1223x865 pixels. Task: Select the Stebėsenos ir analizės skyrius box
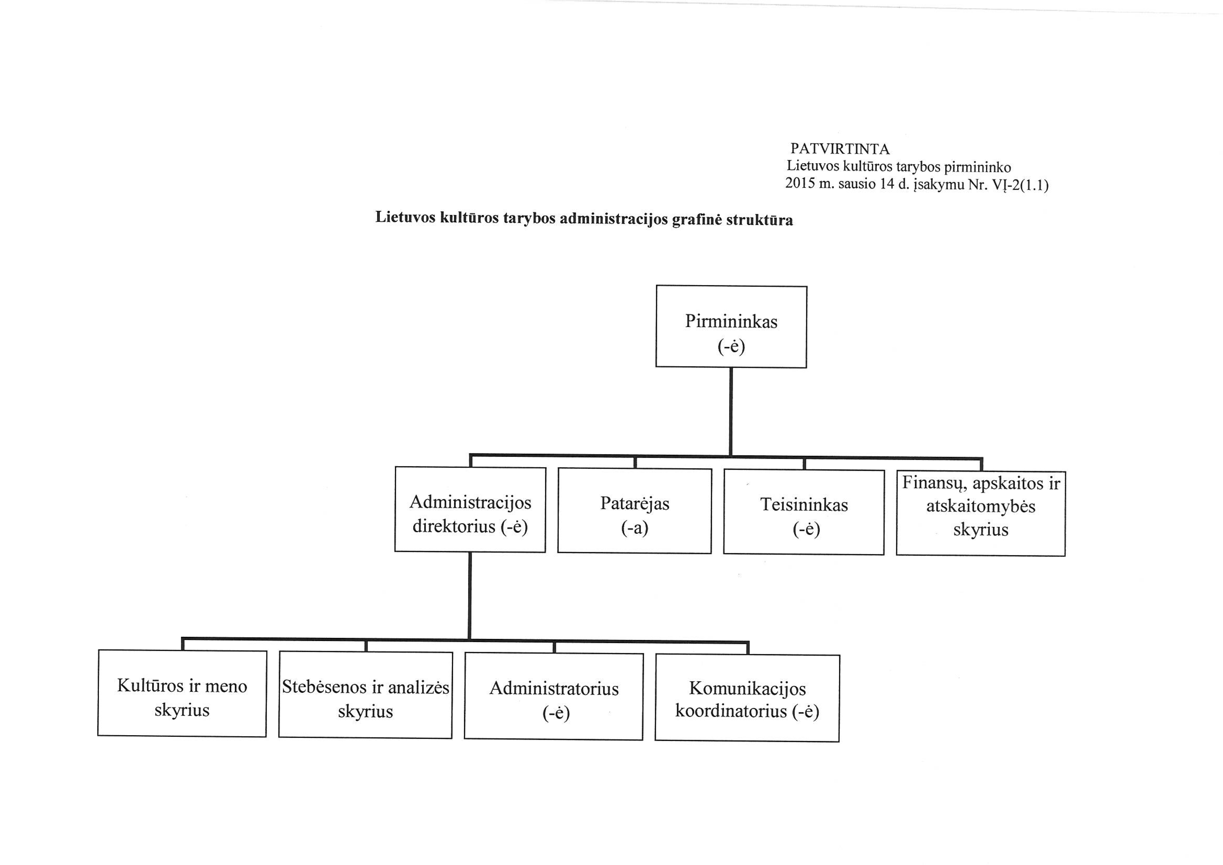click(365, 695)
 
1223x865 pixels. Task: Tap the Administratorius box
click(554, 696)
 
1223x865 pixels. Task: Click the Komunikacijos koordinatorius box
click(747, 698)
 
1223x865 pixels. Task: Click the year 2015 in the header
click(801, 184)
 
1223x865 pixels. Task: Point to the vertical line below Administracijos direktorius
click(470, 595)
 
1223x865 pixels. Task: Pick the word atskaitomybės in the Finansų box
click(981, 506)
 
